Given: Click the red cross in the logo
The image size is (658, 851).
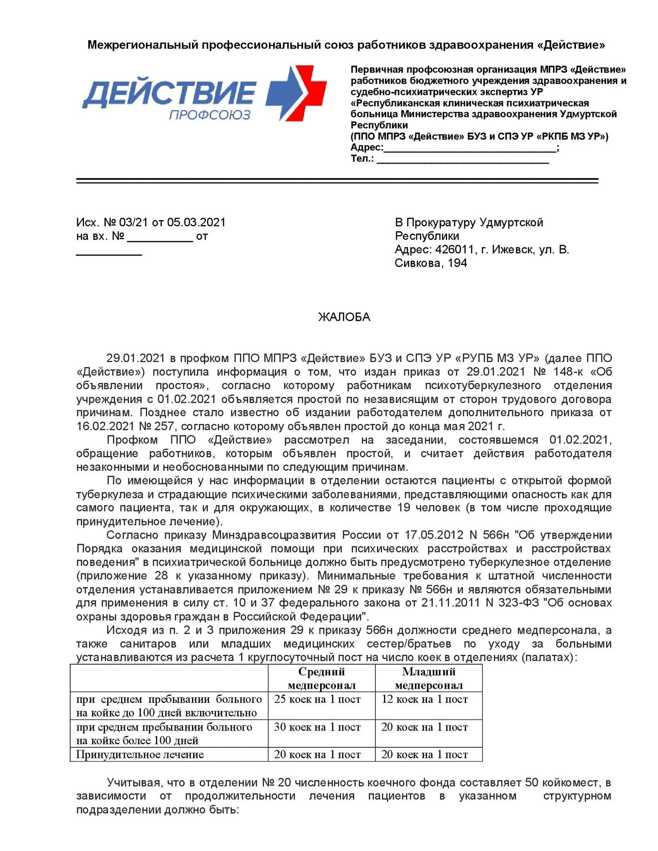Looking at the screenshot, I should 311,93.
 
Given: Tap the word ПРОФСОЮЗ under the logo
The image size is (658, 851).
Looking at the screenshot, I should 210,115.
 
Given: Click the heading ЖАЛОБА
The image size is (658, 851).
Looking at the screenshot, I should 344,317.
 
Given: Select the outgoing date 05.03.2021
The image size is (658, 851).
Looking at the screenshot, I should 196,223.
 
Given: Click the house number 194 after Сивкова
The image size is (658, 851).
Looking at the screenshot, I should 457,263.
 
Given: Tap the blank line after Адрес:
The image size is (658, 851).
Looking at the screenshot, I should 470,149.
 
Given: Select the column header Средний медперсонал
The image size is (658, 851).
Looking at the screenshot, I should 321,678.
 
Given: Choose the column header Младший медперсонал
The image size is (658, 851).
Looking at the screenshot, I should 429,678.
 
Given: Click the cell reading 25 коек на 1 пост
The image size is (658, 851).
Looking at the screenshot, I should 317,699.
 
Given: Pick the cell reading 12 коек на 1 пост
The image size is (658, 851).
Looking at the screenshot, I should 425,699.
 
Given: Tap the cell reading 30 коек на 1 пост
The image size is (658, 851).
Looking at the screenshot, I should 317,727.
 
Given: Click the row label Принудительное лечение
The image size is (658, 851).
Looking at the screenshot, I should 140,754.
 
